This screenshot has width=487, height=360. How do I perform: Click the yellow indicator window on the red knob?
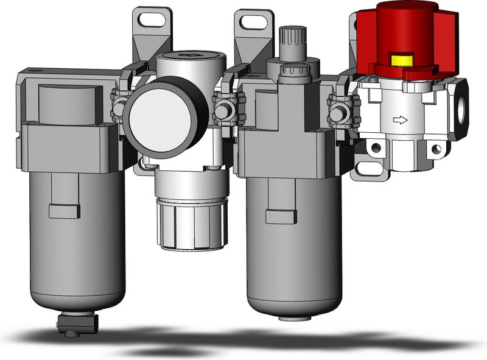pos(401,59)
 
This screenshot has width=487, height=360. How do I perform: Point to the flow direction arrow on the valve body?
pos(400,120)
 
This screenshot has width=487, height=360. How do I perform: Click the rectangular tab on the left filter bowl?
pos(65,211)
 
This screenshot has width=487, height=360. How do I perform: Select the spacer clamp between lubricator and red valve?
pos(338,110)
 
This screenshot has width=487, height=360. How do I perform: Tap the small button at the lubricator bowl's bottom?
pos(292,317)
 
